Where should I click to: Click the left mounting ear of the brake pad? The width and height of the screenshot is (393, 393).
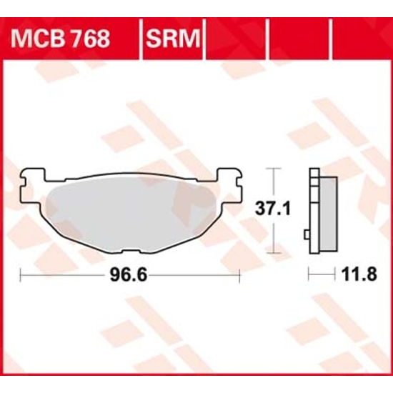tap(31, 181)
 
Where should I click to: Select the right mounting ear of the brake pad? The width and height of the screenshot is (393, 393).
tap(229, 181)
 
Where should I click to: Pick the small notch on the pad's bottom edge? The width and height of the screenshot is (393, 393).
tap(129, 249)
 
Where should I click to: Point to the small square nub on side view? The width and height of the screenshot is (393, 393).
tap(307, 234)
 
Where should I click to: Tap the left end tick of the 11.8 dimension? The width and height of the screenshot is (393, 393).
tap(309, 274)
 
